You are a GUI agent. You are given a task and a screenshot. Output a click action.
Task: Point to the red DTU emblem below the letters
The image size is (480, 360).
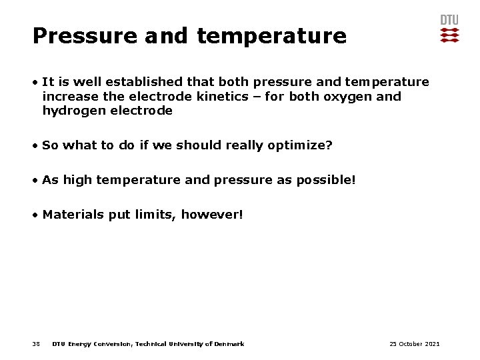point(450,35)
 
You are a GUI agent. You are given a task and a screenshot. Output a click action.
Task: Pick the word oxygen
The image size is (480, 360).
point(350,97)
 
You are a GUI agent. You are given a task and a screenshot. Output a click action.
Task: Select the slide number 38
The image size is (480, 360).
point(36,344)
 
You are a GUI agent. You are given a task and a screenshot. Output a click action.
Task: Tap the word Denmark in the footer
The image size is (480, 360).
point(230,344)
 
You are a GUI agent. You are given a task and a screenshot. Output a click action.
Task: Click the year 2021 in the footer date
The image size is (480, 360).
point(431,344)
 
